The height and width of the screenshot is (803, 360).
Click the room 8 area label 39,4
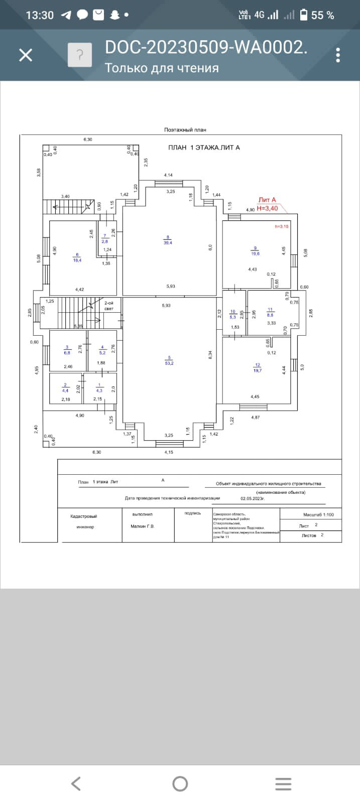tap(168, 242)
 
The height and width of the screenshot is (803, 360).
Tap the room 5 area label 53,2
tap(169, 363)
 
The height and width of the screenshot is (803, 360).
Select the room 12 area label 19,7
tap(258, 370)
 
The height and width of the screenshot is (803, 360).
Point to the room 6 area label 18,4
tap(77, 260)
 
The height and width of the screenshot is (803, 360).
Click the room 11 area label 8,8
tap(270, 315)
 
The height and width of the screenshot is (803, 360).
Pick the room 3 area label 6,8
tap(67, 352)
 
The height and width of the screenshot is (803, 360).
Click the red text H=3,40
tap(267, 208)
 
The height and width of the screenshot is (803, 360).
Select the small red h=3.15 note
tap(282, 226)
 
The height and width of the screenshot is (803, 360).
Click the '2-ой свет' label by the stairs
tap(109, 306)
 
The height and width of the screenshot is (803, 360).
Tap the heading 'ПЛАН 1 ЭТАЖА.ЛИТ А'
tap(204, 148)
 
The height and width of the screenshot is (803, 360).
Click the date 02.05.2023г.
tap(253, 499)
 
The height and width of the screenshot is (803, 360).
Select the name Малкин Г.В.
tap(143, 526)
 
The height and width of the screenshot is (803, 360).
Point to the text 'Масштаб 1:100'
tap(318, 514)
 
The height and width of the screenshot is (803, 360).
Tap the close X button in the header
tap(26, 55)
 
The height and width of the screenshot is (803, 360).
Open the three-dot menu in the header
tap(338, 55)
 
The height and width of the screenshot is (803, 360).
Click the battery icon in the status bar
tap(303, 15)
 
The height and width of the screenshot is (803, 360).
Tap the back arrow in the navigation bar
tap(76, 783)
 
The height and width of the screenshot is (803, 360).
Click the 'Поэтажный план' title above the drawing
tap(185, 129)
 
